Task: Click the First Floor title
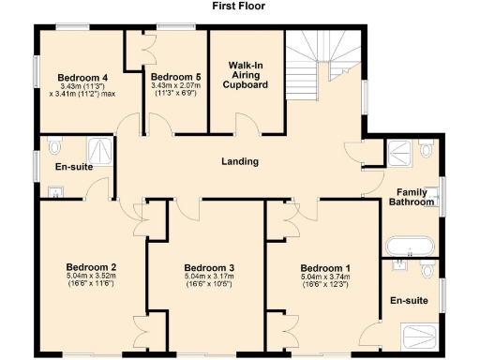click(x=239, y=6)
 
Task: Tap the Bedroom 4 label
click(x=82, y=77)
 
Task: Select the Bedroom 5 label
click(x=175, y=77)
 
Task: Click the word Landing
click(x=239, y=161)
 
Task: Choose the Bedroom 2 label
click(x=91, y=266)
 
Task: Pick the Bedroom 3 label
click(x=208, y=267)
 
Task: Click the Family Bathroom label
click(x=412, y=196)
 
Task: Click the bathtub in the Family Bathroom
click(x=411, y=247)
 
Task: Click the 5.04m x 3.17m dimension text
click(x=208, y=277)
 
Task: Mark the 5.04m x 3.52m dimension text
click(x=91, y=276)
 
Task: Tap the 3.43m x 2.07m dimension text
click(x=175, y=86)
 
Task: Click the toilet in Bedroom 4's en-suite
click(x=54, y=147)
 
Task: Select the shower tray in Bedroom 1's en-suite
click(x=422, y=336)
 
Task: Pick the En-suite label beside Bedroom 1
click(x=409, y=302)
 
